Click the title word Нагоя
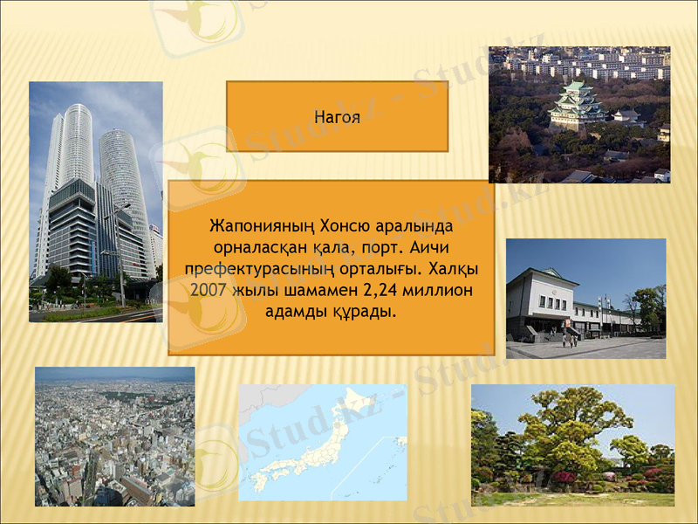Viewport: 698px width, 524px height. pyautogui.click(x=337, y=117)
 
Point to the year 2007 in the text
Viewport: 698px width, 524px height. pyautogui.click(x=208, y=288)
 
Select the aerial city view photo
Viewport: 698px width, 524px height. pyautogui.click(x=114, y=437)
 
